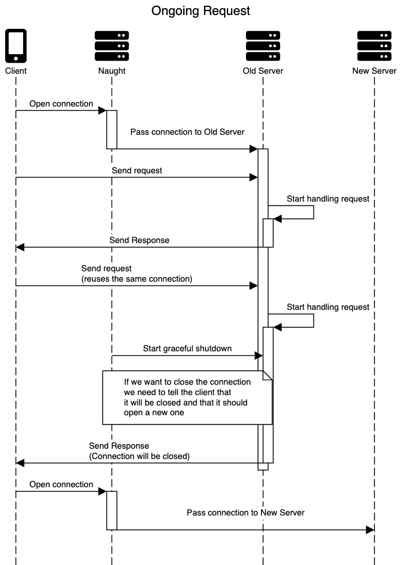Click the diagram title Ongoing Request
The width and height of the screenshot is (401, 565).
tap(200, 11)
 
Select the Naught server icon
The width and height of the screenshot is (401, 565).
tap(112, 46)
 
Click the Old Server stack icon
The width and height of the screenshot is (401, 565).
tap(263, 46)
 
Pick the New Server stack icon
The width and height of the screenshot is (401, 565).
tap(374, 46)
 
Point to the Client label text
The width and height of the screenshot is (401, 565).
tap(16, 71)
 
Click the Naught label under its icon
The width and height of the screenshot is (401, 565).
tap(112, 71)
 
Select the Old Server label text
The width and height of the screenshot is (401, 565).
tap(263, 71)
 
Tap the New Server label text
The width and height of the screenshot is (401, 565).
tap(374, 71)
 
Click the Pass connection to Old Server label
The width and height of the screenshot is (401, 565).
tap(187, 132)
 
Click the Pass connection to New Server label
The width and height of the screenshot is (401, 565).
tap(245, 512)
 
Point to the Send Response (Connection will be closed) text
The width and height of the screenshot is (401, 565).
tap(139, 451)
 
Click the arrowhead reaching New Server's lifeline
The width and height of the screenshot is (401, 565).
tap(370, 529)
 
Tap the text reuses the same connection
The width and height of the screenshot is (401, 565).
tap(137, 279)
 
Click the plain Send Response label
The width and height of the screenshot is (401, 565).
tap(139, 240)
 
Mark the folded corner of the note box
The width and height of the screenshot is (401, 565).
tap(267, 376)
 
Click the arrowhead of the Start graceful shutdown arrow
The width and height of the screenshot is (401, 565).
tap(254, 355)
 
